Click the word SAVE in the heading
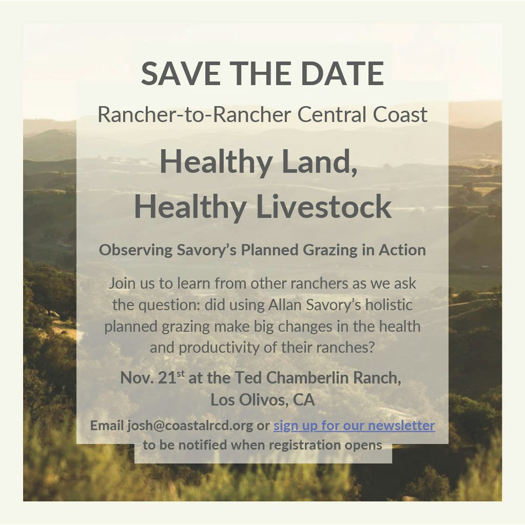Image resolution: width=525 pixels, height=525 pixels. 181,73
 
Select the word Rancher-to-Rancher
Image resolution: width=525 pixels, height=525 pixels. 194,114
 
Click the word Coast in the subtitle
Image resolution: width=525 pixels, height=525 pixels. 400,114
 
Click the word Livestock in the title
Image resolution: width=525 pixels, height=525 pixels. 323,207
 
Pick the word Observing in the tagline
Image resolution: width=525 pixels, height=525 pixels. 136,250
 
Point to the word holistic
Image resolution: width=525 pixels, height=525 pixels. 389,305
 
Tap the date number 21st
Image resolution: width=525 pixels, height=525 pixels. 171,377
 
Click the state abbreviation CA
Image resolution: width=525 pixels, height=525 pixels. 304,400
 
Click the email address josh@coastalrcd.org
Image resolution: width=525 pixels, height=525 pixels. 190,426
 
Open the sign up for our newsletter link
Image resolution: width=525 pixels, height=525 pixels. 354,426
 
